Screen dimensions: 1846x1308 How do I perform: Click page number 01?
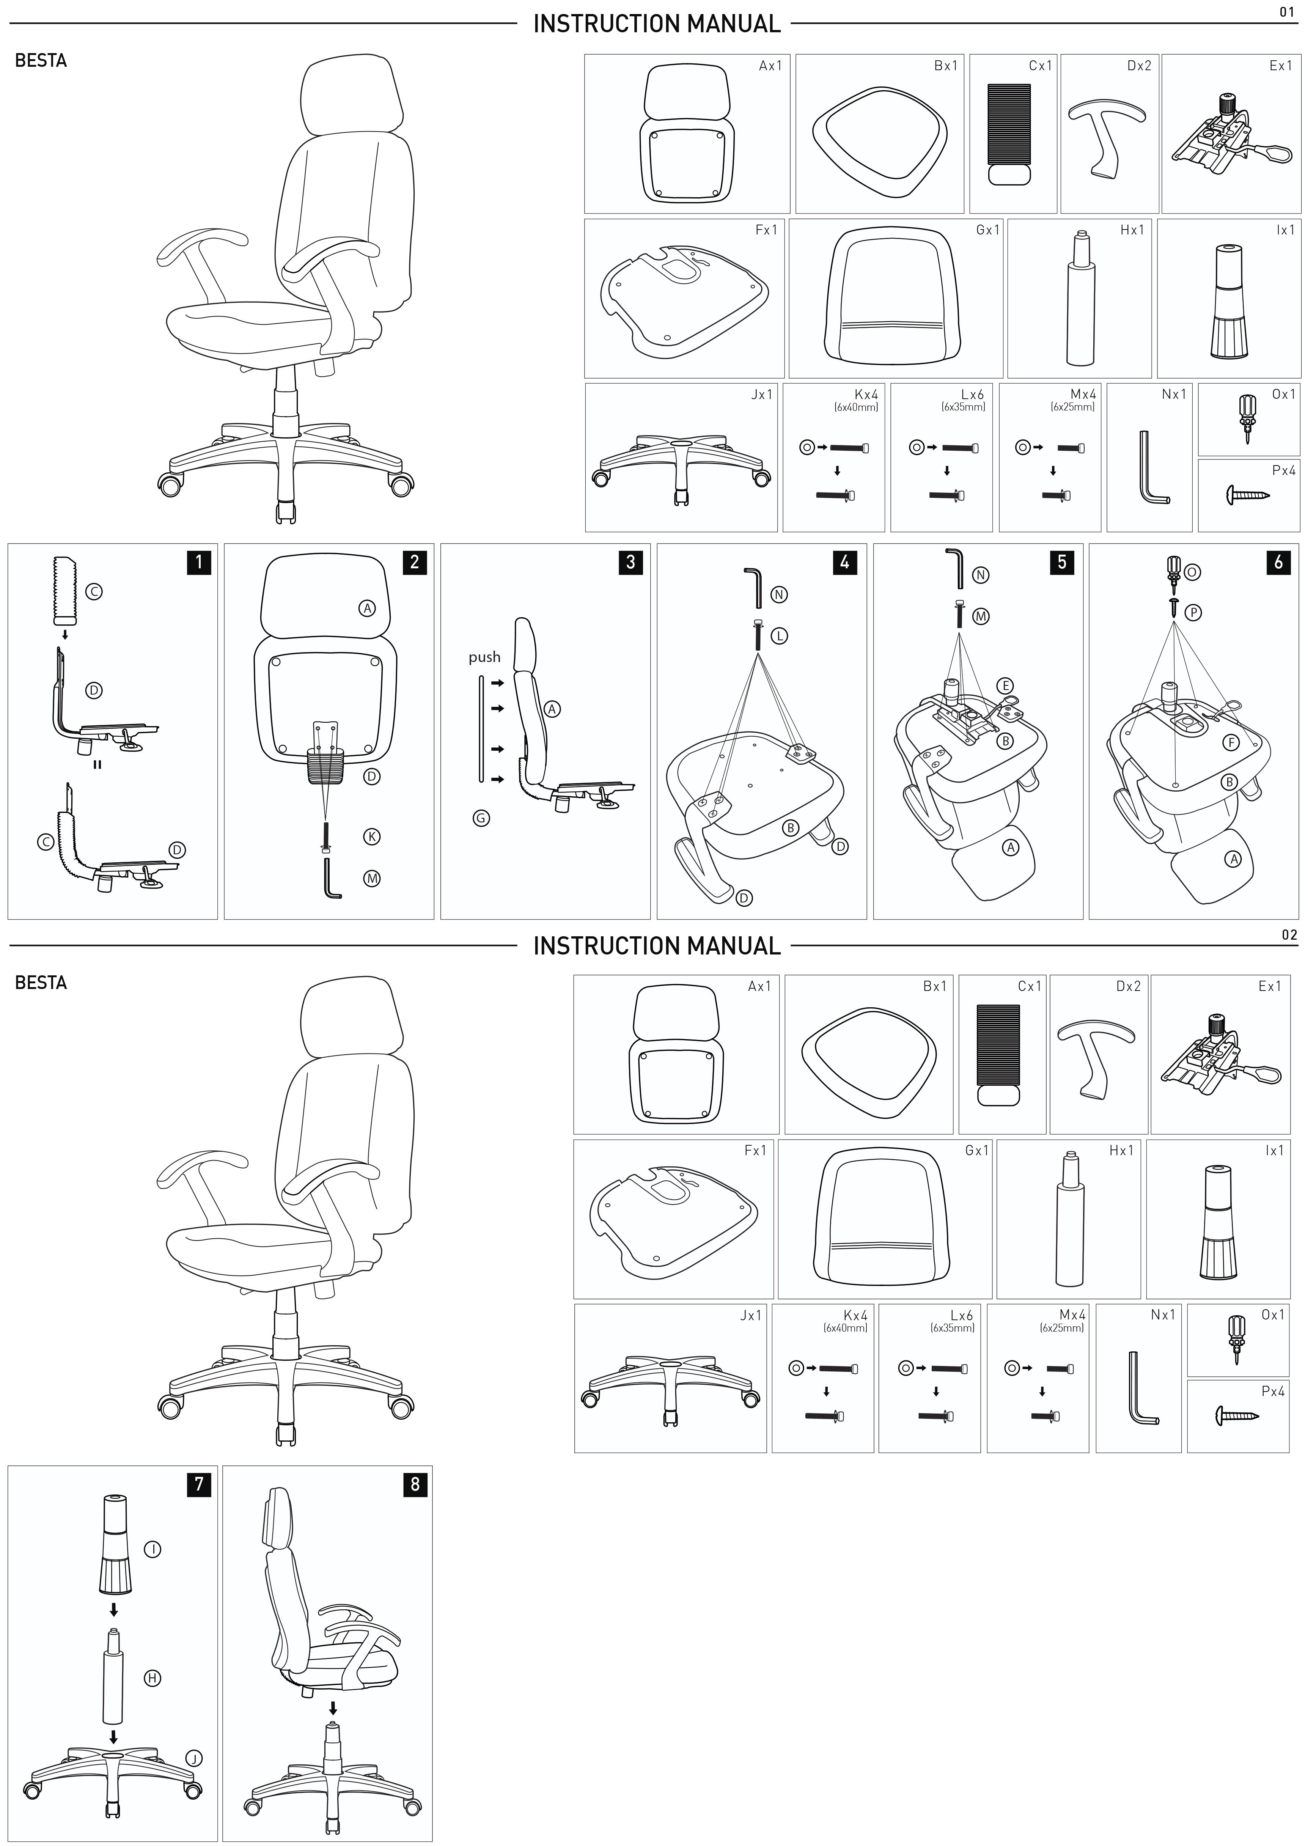click(1287, 12)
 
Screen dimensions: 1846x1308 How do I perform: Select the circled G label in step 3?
click(481, 818)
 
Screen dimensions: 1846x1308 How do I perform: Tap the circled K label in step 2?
click(372, 837)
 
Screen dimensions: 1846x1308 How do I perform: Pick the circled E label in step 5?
click(1005, 686)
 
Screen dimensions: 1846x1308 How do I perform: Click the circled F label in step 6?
click(1231, 742)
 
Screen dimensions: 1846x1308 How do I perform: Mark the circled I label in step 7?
click(152, 1549)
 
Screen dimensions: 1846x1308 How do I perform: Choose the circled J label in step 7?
click(193, 1758)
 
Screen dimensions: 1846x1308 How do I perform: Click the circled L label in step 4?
click(780, 635)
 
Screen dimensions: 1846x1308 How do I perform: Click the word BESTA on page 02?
click(40, 983)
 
